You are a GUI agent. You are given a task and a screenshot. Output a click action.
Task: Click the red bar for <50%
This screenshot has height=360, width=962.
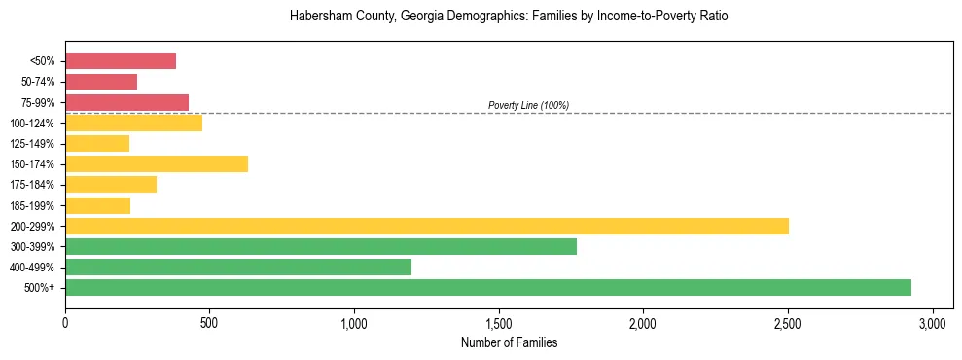pos(121,61)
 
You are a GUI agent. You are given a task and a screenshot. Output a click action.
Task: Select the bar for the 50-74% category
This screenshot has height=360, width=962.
pos(101,82)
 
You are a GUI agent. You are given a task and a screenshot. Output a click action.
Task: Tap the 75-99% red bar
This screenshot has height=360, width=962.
pos(126,102)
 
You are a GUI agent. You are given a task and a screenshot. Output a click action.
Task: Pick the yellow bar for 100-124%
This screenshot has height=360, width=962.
pos(133,123)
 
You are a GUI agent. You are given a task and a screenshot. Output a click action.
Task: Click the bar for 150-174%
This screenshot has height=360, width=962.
pos(157,163)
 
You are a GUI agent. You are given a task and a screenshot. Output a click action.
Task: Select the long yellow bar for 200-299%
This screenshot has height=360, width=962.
pos(427,226)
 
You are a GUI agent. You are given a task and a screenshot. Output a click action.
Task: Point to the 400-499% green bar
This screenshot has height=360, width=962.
pos(238,267)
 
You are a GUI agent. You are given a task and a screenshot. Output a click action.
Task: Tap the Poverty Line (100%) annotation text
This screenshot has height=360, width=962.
pos(528,105)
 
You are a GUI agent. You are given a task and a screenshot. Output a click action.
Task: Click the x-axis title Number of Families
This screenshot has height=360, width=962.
pos(509,342)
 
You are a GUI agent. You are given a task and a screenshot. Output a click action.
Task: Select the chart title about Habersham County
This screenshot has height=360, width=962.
pos(509,17)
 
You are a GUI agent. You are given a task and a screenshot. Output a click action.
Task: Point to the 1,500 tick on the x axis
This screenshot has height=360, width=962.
pos(499,322)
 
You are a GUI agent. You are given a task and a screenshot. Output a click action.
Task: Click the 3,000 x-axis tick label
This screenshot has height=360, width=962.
pos(933,322)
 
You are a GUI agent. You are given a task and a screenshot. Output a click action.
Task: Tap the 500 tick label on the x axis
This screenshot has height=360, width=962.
pos(210,322)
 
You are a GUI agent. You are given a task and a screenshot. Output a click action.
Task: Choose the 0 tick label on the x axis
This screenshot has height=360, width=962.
pos(65,322)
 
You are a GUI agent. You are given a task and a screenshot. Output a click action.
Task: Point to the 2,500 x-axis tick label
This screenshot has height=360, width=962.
pos(788,322)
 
